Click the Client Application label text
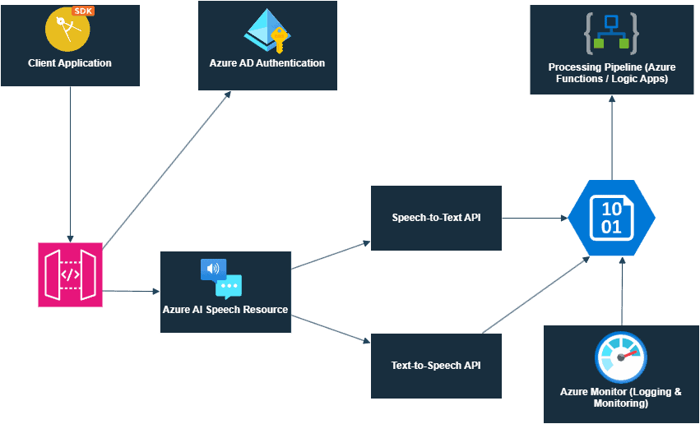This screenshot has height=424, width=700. tap(70, 63)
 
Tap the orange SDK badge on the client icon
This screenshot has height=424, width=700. tap(83, 12)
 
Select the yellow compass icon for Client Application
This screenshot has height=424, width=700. tap(64, 29)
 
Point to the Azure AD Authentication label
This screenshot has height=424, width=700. tap(267, 63)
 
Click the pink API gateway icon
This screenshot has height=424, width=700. tap(70, 274)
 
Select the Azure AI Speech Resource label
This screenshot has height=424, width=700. tap(225, 310)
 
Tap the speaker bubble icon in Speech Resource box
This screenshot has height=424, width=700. tap(213, 269)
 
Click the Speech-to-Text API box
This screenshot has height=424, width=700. tap(436, 218)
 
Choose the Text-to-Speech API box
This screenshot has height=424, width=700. tap(436, 366)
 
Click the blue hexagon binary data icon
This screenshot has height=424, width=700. tap(611, 219)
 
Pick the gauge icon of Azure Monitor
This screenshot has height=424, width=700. tap(622, 358)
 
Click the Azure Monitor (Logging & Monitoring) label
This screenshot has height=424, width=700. tap(621, 398)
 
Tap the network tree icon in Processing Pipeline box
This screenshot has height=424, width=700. tap(611, 32)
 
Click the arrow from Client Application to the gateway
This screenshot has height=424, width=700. tap(70, 164)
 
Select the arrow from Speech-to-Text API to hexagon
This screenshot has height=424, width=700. tap(535, 219)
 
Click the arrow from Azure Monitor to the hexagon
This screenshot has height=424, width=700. tap(622, 292)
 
